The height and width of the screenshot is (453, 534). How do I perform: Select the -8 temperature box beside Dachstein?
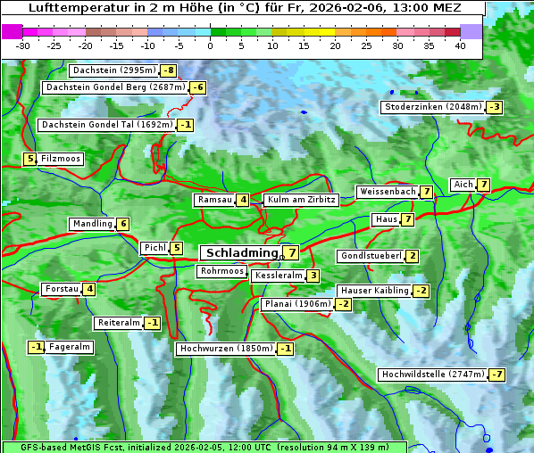coord(168,70)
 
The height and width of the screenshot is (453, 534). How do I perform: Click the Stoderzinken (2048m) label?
coord(432,107)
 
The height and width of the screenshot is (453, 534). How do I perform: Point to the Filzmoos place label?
coord(60,159)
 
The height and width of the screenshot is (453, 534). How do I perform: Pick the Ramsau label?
coord(214,200)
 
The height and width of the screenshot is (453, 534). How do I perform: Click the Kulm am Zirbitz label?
coord(301,200)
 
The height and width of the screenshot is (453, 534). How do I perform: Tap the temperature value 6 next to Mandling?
coord(122,224)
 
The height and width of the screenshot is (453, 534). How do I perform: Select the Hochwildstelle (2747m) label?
coord(432,375)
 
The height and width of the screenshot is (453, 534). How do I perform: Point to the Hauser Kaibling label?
coord(374,291)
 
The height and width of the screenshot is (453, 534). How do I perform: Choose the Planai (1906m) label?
coord(297,304)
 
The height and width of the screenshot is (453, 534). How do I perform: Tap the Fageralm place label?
coord(70,347)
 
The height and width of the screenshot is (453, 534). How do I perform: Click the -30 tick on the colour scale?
coord(23,45)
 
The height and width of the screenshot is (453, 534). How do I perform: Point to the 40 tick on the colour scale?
coord(460,45)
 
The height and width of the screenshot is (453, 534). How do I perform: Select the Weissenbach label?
coord(387,192)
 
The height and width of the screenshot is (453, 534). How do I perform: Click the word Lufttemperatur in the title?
coord(79,8)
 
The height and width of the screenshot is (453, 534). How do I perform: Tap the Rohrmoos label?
coord(221,271)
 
